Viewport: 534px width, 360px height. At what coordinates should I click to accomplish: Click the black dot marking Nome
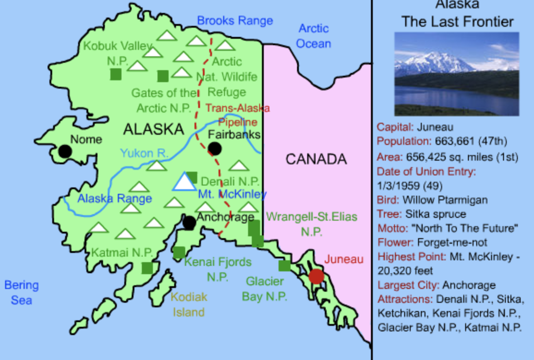pos(65,151)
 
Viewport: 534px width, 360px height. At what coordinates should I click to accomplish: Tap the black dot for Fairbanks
pos(214,149)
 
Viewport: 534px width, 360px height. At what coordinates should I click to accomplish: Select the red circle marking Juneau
pos(316,276)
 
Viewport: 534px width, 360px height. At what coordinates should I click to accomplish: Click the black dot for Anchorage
pos(189,222)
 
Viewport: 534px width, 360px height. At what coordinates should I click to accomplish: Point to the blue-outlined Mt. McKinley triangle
pos(185,182)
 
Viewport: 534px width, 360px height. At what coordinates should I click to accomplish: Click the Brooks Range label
pos(235,21)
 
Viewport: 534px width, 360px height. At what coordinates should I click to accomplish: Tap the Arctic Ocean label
pos(314,36)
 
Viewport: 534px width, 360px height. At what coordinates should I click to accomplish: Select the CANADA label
pos(316,159)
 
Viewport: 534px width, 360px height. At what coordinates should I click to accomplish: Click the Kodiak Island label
pos(189,305)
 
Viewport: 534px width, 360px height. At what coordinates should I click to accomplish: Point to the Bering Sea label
pos(21,293)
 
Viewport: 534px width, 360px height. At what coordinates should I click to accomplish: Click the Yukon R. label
pos(144,153)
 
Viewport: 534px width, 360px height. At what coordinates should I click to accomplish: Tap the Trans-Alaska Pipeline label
pos(237,115)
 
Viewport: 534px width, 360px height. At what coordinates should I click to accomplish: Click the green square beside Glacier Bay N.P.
pos(285,266)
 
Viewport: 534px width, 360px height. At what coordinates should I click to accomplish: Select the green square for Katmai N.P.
pos(147,268)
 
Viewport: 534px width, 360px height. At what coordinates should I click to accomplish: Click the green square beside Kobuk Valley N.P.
pos(116,74)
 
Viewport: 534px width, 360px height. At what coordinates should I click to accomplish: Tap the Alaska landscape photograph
pos(456,74)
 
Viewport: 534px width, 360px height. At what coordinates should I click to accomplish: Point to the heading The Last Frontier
pos(457,22)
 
